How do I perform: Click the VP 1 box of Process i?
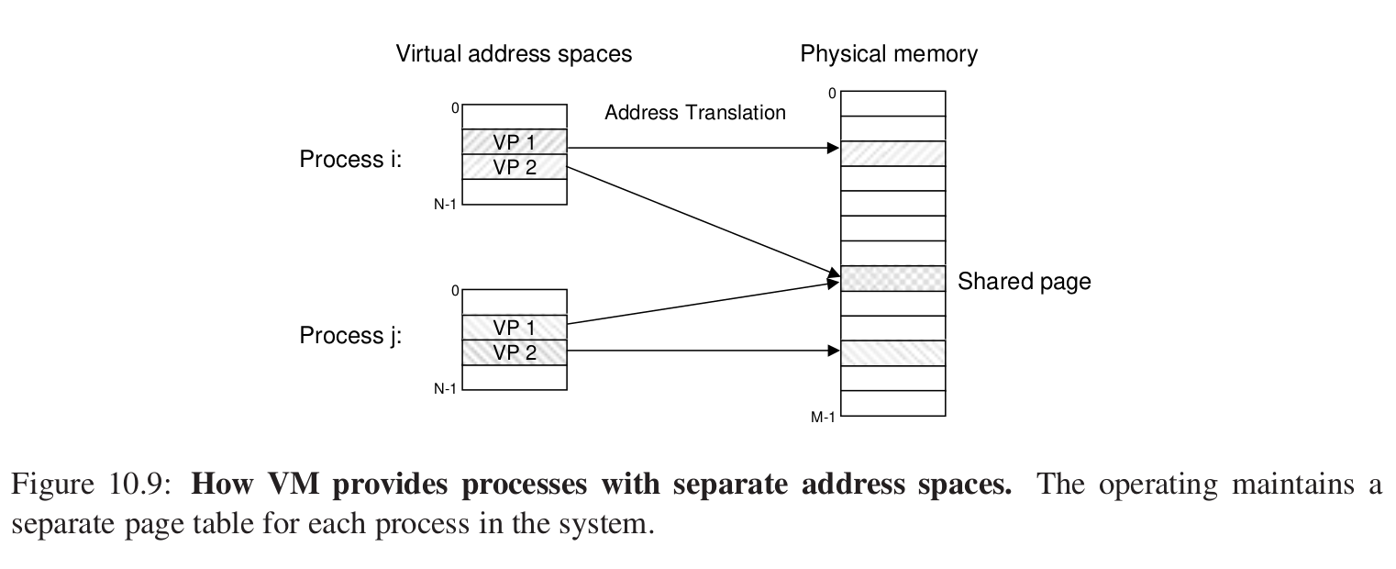pos(515,142)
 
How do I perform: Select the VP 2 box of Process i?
pos(515,167)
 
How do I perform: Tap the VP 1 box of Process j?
pos(515,328)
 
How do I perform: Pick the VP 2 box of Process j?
pos(515,352)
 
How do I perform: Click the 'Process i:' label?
pos(351,160)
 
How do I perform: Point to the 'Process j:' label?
pos(351,336)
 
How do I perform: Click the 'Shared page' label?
pos(1024,282)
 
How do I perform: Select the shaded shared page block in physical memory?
pos(892,279)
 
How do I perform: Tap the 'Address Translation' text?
pos(694,113)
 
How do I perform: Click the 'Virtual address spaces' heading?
pos(514,54)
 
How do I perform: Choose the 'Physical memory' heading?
pos(888,54)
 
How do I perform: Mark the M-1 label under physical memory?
pos(823,418)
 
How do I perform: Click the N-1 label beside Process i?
pos(445,205)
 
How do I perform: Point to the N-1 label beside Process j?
pos(445,389)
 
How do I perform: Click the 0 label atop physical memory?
pos(832,94)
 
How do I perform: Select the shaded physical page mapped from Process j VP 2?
pos(892,353)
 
